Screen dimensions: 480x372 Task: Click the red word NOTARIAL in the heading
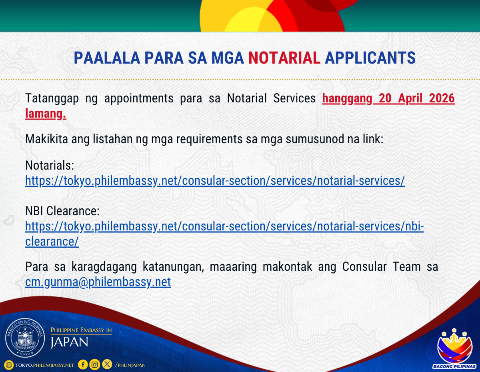[x=284, y=58]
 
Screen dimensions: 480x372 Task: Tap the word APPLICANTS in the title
[x=370, y=58]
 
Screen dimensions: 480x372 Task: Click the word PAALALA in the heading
[x=107, y=58]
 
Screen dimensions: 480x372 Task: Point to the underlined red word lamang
[x=46, y=114]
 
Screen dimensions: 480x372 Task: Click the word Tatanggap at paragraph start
[x=52, y=98]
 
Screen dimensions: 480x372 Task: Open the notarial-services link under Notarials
[x=215, y=181]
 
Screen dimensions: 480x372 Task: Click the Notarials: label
[x=50, y=165]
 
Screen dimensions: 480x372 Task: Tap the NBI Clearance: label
[x=62, y=211]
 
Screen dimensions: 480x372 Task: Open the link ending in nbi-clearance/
[x=224, y=234]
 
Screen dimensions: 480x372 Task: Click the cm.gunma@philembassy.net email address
[x=98, y=282]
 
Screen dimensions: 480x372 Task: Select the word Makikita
[x=47, y=139]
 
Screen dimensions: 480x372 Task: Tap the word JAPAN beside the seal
[x=69, y=342]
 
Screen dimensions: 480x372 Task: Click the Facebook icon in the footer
[x=83, y=364]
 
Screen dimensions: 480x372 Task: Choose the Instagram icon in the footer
[x=95, y=364]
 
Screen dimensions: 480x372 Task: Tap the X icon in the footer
[x=107, y=364]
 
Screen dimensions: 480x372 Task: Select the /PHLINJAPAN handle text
[x=130, y=365]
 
